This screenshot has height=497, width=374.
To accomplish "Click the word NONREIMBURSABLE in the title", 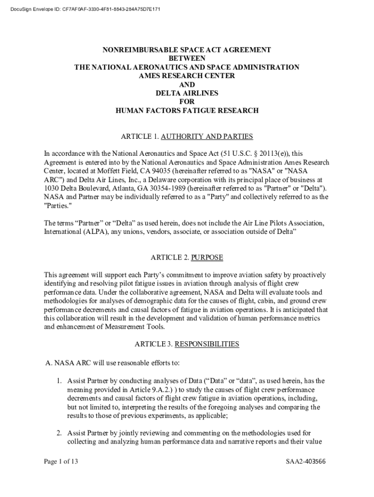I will point(135,50).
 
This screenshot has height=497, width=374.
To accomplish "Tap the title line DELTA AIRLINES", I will point(187,93).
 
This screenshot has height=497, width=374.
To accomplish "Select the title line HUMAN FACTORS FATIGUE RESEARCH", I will point(187,111).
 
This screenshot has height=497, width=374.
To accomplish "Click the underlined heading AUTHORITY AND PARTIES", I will point(207,136).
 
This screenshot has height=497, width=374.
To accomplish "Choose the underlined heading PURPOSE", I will point(207,258).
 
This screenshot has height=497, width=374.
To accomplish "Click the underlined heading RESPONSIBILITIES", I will point(207,344).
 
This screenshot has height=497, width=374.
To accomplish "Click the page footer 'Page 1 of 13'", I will point(60,462).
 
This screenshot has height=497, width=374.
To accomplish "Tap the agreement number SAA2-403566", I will point(306,462).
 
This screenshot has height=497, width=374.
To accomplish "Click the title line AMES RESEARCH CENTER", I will point(187,76).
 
